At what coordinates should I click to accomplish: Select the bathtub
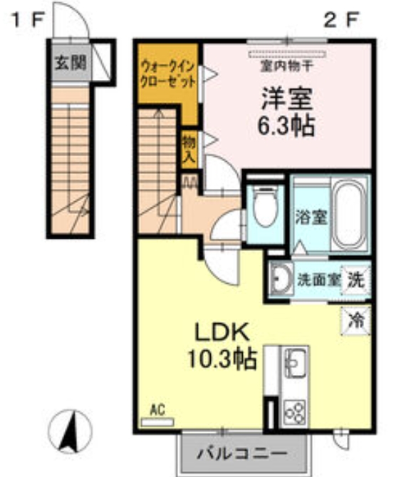(x=350, y=212)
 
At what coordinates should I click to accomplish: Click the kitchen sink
(x=294, y=363)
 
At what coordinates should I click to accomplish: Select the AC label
(x=157, y=410)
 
